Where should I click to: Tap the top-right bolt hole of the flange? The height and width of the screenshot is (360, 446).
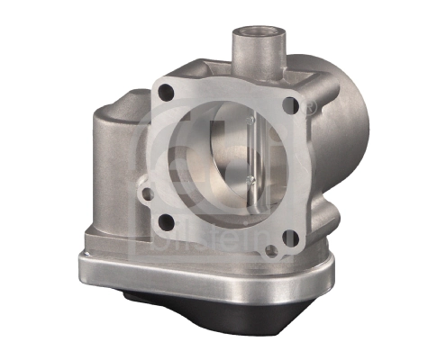(x=289, y=106)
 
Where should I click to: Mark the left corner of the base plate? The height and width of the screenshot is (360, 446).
(x=85, y=257)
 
